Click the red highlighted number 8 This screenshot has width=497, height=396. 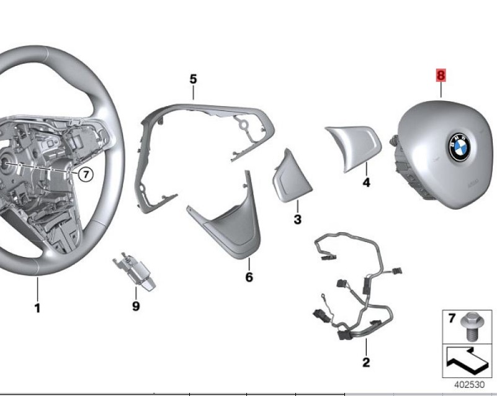coord(441,76)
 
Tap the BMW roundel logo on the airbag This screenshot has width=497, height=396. coord(459,147)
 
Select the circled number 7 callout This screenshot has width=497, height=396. coord(86,174)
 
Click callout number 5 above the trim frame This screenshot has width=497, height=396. coord(193,79)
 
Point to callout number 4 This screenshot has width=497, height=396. coord(366,182)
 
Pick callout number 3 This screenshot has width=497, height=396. coord(297,219)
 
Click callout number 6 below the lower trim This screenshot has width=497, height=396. coord(249,277)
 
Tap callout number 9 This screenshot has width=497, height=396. coord(136,306)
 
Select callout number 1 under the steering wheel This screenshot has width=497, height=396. coord(37,308)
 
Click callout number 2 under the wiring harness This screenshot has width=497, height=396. coord(366,362)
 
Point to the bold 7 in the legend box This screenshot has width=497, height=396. coord(452,318)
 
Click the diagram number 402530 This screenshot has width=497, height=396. coord(470,385)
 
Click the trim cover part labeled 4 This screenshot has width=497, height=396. coord(353,148)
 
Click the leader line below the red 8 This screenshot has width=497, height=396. coord(441,90)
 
